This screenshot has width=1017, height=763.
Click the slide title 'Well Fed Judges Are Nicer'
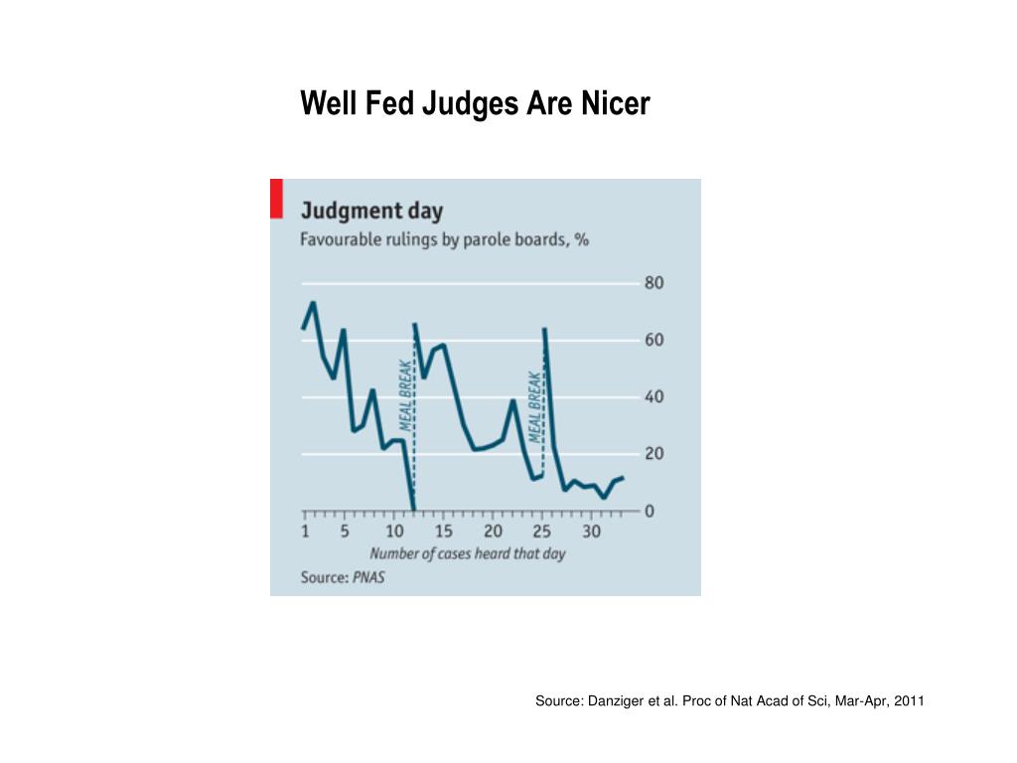coord(475,103)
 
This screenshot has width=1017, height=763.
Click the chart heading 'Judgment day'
coord(371,211)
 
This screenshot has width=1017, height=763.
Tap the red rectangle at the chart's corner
coord(276,198)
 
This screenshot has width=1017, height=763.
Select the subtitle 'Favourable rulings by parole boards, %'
coord(445,240)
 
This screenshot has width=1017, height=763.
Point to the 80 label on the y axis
coord(654,283)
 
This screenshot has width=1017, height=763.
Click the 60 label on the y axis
coord(654,340)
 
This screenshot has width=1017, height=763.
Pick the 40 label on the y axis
coord(654,397)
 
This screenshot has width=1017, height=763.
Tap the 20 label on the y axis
coord(654,454)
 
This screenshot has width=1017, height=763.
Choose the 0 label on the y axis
coord(650,511)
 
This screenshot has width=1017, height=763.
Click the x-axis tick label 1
coord(305,532)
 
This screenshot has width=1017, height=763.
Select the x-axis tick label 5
coord(345,532)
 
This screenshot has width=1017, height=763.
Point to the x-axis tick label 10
coord(394,532)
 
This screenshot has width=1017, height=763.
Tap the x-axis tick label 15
coord(444,532)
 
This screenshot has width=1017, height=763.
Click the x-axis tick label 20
coord(493,532)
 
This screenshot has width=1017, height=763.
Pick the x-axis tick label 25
coord(542,532)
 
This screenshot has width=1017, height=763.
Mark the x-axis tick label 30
coord(591,532)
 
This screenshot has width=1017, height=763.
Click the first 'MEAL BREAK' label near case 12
coord(405,394)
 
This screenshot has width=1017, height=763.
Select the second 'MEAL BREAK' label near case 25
coord(535,406)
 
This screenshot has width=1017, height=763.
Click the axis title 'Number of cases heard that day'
coord(467,553)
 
